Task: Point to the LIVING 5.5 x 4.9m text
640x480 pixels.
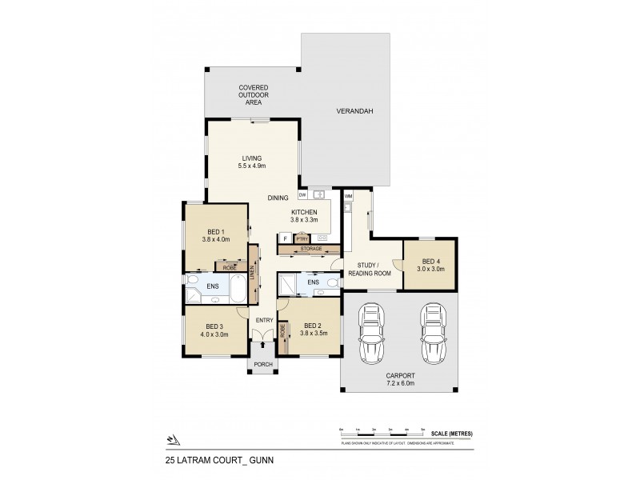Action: pyautogui.click(x=252, y=162)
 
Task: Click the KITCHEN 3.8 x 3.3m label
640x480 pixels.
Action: pyautogui.click(x=304, y=215)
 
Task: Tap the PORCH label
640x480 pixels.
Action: pyautogui.click(x=263, y=365)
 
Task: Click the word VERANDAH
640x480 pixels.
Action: pyautogui.click(x=350, y=111)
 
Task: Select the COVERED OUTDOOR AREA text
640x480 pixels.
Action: pyautogui.click(x=253, y=94)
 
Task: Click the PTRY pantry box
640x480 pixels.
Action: pyautogui.click(x=302, y=238)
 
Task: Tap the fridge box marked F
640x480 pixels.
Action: pyautogui.click(x=285, y=238)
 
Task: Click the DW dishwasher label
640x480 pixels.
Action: pyautogui.click(x=302, y=194)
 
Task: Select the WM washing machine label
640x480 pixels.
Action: pyautogui.click(x=349, y=195)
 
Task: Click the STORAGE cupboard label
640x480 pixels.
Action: pyautogui.click(x=311, y=249)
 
